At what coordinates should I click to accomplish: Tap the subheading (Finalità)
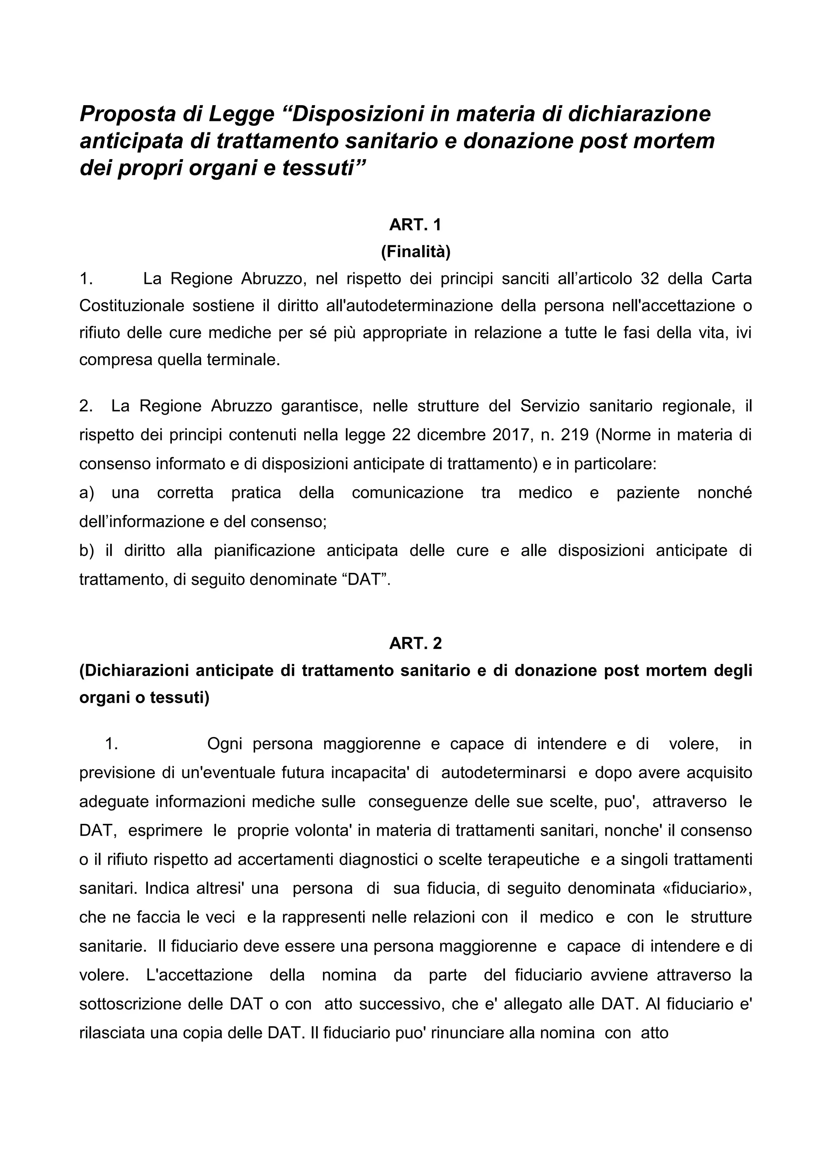(416, 251)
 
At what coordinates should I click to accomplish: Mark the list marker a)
(87, 492)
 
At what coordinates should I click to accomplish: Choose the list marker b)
(87, 550)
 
